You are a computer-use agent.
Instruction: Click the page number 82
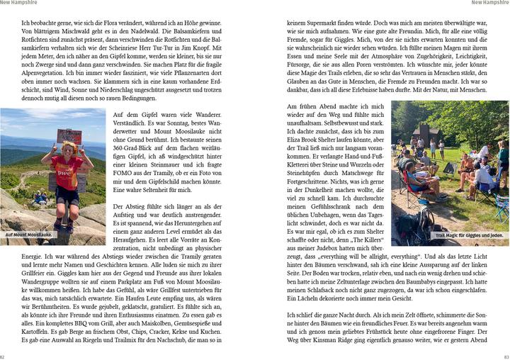(3, 356)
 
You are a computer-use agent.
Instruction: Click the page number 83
(506, 356)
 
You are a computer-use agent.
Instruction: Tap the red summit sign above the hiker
(69, 136)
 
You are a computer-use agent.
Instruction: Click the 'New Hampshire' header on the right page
(489, 3)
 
